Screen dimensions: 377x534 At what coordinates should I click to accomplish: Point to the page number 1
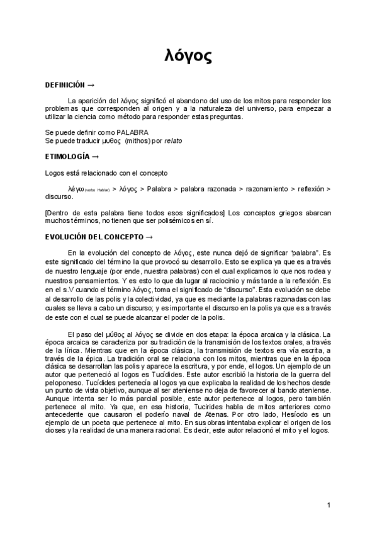[x=329, y=506]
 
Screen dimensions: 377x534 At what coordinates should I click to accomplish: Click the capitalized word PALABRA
[x=133, y=132]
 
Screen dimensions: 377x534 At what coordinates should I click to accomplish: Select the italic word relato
[x=173, y=140]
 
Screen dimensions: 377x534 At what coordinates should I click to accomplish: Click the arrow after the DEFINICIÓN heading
[x=91, y=84]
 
